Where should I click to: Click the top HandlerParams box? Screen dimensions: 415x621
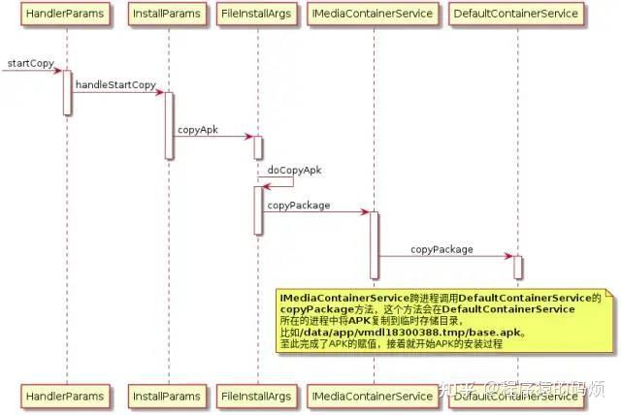coord(67,15)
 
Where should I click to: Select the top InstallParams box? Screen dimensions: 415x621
coord(168,15)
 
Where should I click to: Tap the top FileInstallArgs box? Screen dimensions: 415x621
coord(258,15)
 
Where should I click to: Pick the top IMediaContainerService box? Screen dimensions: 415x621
coord(374,15)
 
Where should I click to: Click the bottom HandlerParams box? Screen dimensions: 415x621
coord(67,397)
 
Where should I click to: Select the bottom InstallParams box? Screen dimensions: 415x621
coord(168,397)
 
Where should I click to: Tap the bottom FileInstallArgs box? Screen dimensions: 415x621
coord(258,397)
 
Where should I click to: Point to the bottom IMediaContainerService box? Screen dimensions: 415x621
coord(374,397)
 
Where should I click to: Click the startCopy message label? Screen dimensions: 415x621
coord(30,63)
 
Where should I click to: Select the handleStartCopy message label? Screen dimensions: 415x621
coord(115,85)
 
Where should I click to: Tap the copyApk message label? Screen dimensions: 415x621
coord(197,129)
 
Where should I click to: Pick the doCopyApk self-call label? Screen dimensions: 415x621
coord(294,170)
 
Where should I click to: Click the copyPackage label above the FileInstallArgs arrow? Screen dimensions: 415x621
coord(299,206)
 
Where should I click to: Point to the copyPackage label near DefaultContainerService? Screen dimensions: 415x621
coord(441,249)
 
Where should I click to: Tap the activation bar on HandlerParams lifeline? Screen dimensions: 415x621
coord(67,91)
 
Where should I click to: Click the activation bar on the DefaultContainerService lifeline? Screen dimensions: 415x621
coord(517,267)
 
